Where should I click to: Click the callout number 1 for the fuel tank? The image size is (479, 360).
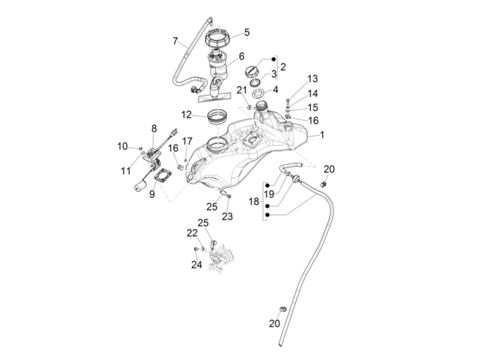(322, 135)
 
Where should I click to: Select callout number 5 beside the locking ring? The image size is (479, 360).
(247, 33)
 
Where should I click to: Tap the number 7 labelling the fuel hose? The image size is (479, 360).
(175, 41)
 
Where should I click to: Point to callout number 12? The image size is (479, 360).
(186, 114)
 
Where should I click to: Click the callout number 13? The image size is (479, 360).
(312, 79)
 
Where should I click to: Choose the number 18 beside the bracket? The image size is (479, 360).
(254, 202)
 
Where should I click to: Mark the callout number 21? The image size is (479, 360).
(242, 90)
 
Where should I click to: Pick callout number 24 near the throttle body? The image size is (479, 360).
(196, 264)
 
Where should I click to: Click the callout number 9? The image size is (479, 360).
(152, 194)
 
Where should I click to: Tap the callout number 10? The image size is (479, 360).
(122, 146)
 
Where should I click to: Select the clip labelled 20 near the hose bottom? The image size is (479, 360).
(283, 309)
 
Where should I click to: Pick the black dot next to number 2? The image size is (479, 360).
(273, 59)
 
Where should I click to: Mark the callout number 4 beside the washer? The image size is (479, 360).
(276, 90)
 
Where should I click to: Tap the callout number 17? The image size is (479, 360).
(187, 141)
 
